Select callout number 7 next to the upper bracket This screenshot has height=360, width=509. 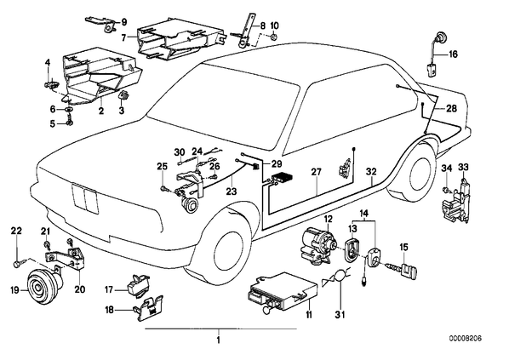point(123,37)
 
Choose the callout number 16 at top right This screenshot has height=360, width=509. point(453,54)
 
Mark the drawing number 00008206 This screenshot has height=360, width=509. point(466,338)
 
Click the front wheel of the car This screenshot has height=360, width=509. point(223,247)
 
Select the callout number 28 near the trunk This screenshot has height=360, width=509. point(451,108)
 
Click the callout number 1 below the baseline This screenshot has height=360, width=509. point(218,340)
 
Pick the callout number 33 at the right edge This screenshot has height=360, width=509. point(464,168)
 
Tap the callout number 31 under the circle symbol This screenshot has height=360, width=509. point(340,314)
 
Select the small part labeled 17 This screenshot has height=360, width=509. point(138,286)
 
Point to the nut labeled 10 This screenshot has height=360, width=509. point(274,37)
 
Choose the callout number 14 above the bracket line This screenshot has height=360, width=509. point(364,214)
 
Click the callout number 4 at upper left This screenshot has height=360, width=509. point(48,62)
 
